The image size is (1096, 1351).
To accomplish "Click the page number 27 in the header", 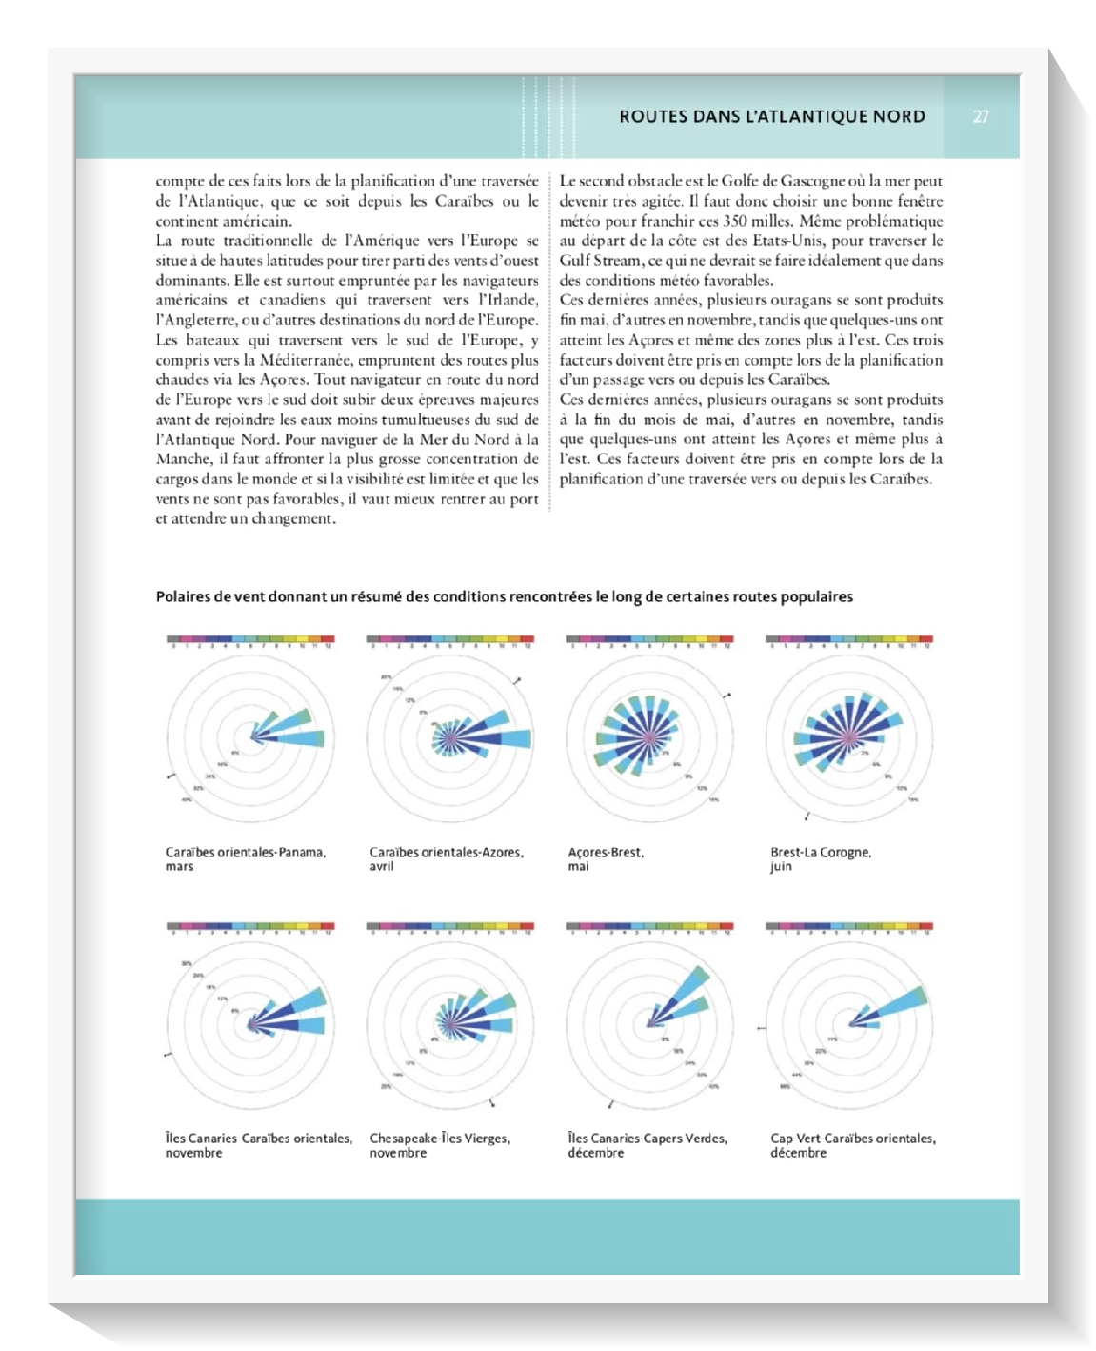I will point(981,117).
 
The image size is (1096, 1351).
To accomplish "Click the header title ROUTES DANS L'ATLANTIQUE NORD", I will point(771,117).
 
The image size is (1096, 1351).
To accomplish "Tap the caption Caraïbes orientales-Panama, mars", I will point(245,858).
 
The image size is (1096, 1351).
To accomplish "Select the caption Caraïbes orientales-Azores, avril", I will point(446,858).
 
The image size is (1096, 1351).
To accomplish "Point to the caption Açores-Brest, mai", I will point(605,858).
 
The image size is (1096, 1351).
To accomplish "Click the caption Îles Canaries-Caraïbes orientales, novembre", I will point(258,1145).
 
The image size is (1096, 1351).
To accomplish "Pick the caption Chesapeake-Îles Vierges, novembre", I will point(439,1145).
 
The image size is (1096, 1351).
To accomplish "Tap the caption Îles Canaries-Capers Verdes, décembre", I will point(647,1145).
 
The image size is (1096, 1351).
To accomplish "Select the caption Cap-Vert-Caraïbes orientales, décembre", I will point(852,1145).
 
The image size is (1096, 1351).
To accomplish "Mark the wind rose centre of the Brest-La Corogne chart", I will point(847,736).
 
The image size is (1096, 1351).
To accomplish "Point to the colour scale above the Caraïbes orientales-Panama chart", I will point(249,639).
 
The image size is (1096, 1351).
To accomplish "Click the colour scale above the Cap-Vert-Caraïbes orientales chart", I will point(848,926).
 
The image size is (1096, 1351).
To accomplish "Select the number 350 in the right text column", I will point(735,221).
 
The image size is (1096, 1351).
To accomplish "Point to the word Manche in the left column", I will point(182,459).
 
